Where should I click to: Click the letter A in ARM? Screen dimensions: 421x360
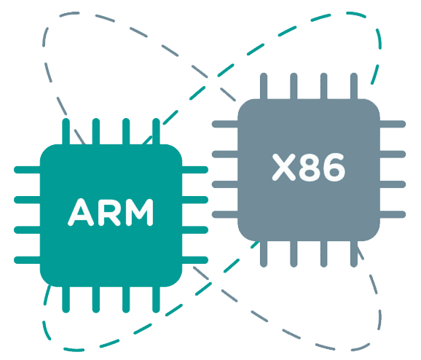(x=81, y=212)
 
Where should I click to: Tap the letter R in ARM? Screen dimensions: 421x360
(x=109, y=212)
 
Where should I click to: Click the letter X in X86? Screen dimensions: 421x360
(x=284, y=167)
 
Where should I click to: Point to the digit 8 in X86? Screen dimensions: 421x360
(x=310, y=167)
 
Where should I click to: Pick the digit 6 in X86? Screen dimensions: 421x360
(x=334, y=167)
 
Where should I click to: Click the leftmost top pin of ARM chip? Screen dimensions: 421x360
(x=66, y=132)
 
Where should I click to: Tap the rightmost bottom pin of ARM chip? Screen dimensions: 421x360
(x=156, y=300)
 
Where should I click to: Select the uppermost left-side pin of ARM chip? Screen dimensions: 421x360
(x=27, y=170)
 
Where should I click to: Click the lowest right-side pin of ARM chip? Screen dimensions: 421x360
(x=195, y=260)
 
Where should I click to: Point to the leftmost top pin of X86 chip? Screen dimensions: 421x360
(x=264, y=86)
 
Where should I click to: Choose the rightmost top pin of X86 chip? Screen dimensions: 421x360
(x=354, y=86)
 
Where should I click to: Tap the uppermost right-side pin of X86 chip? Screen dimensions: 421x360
(x=393, y=124)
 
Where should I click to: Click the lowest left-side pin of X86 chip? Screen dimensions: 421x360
(x=225, y=214)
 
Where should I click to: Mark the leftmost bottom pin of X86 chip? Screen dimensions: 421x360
(x=264, y=254)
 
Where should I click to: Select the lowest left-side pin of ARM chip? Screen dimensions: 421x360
(x=27, y=260)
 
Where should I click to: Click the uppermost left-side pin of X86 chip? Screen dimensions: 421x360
(x=225, y=124)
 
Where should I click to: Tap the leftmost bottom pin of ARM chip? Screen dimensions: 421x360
(x=66, y=300)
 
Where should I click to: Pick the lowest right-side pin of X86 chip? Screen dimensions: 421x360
(x=393, y=214)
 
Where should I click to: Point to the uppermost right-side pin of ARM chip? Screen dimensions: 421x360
(x=195, y=170)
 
